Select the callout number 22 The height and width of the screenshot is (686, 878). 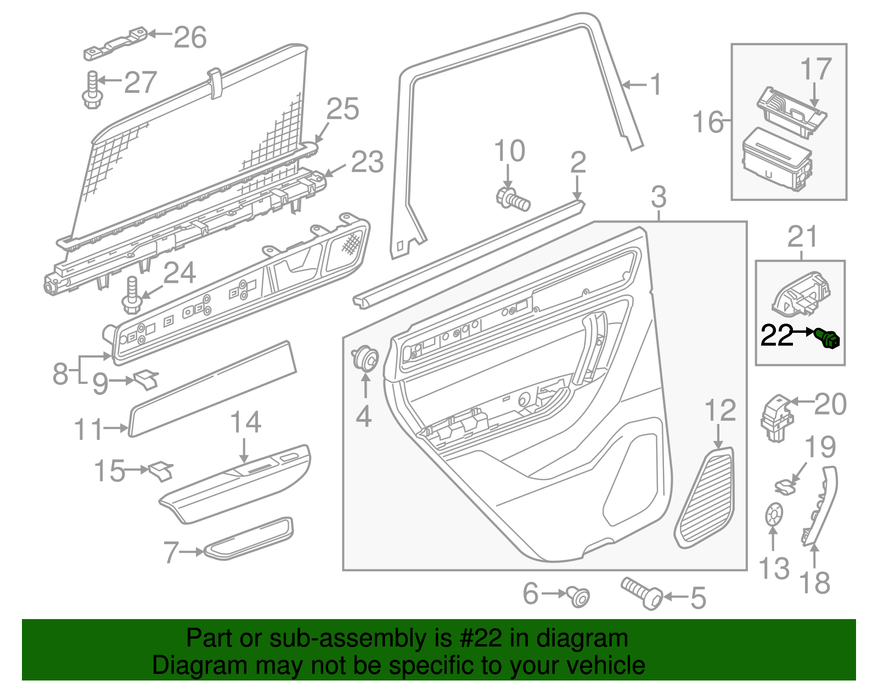pos(777,335)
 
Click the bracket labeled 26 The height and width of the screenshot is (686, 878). pos(115,44)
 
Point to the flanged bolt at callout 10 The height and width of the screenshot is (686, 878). pos(513,199)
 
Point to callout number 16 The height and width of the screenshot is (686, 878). pos(708,121)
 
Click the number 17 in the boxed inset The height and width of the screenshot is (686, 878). pos(816,70)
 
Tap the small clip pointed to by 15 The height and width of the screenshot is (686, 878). pos(161,470)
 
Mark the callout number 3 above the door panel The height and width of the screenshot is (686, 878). pos(658,197)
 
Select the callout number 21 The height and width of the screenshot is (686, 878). pos(802,237)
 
